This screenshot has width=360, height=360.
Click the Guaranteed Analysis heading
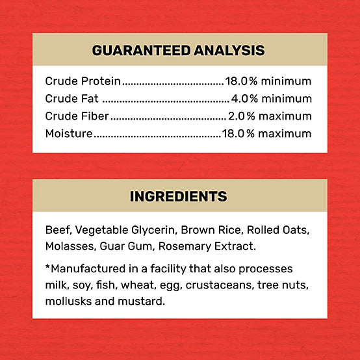[178, 50]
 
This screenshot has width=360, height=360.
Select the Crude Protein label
[83, 81]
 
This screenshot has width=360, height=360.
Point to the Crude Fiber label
[77, 116]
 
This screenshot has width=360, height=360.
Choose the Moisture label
[69, 134]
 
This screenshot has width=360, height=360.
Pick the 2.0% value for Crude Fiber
[242, 116]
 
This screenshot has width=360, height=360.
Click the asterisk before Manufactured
[48, 267]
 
